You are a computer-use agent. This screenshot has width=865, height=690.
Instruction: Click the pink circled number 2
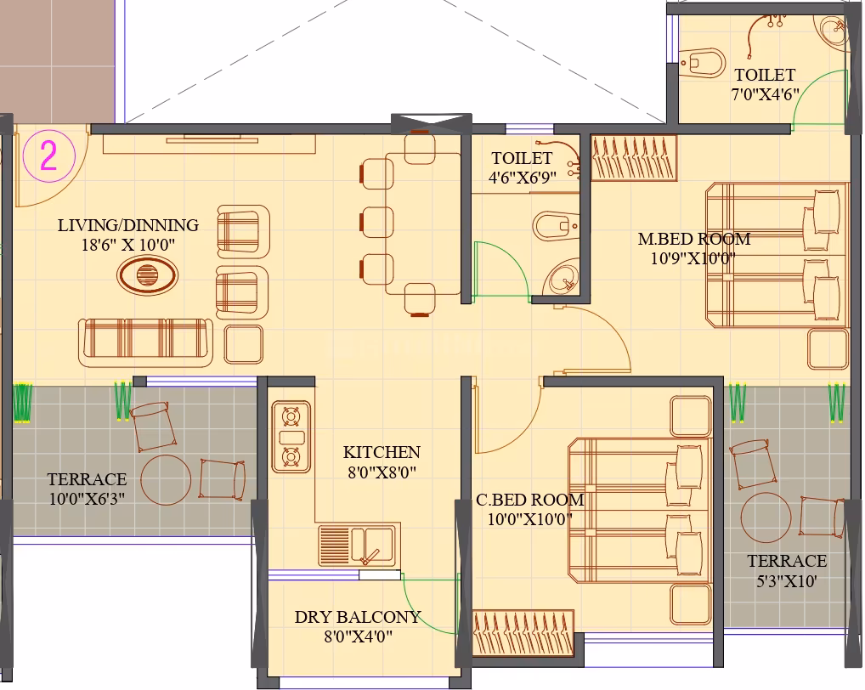[48, 156]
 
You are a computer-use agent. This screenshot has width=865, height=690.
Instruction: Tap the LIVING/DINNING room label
[128, 225]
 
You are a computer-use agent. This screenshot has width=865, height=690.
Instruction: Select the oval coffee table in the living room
[147, 274]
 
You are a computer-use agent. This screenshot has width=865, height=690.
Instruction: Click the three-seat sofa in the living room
[145, 342]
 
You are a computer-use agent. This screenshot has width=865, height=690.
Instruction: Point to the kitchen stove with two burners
[291, 437]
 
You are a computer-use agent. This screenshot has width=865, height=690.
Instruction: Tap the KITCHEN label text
[382, 452]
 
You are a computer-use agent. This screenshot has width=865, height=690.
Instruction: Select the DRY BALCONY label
[358, 617]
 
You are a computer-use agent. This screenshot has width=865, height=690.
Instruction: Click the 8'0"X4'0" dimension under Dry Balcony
[358, 636]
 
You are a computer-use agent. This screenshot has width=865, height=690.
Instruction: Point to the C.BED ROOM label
[529, 500]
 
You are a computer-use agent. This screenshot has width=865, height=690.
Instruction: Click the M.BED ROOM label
[694, 239]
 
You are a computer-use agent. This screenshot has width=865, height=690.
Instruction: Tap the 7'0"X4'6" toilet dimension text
[765, 94]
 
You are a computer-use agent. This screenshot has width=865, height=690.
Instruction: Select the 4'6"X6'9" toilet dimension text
[522, 178]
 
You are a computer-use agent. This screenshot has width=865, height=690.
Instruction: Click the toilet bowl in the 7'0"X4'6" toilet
[702, 63]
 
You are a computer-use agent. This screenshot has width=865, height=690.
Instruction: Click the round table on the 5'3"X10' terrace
[766, 517]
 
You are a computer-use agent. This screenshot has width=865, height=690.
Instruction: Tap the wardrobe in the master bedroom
[634, 158]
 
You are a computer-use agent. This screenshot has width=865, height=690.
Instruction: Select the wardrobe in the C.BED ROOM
[523, 632]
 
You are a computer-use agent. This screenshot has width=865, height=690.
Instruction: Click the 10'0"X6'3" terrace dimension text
[87, 499]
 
